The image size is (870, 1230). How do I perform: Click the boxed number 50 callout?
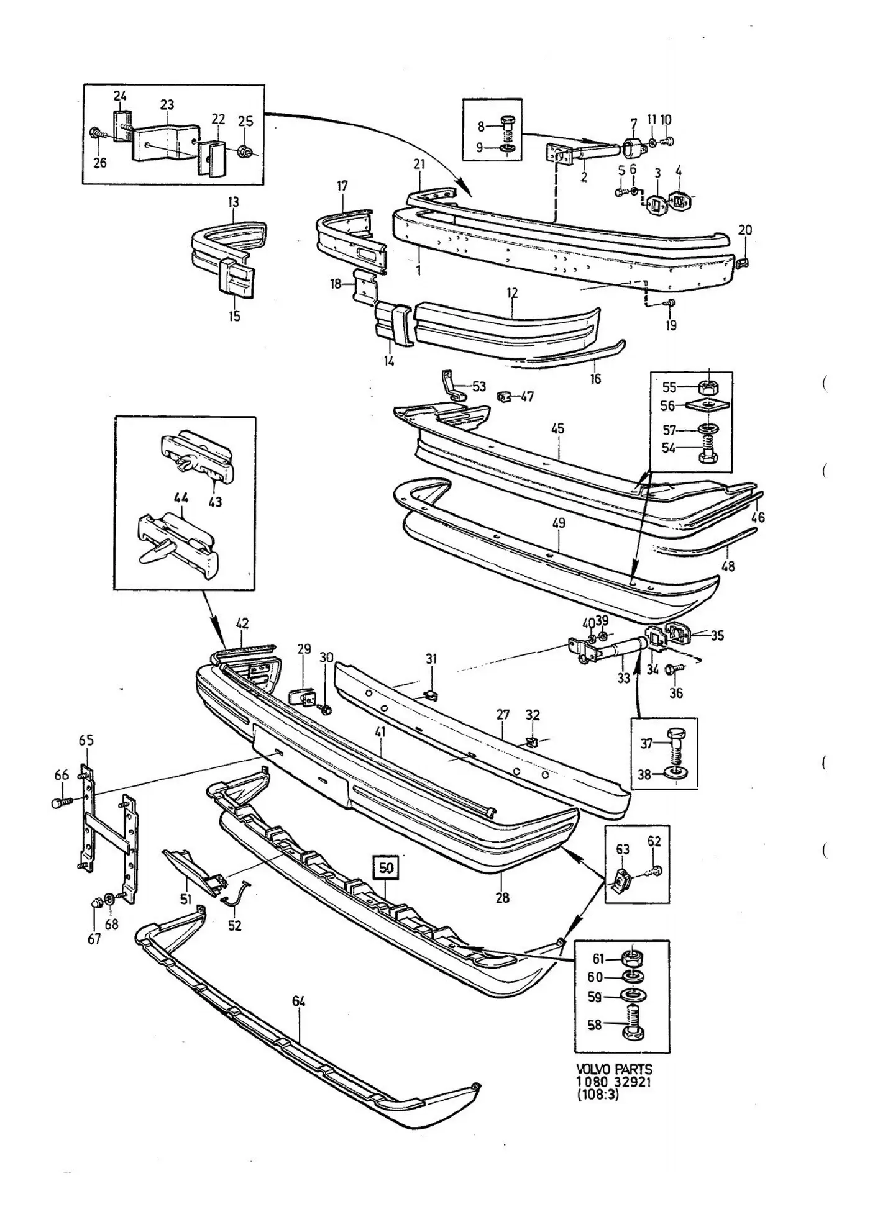(x=386, y=867)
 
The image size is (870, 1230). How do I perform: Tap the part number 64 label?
(x=299, y=1002)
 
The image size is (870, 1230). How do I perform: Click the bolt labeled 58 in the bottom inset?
(x=633, y=1025)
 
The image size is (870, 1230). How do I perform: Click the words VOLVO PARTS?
(x=614, y=1069)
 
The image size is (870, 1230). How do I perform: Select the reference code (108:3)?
(x=598, y=1095)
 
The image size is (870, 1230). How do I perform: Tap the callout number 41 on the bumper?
(x=380, y=732)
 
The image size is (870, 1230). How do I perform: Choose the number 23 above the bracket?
(x=167, y=105)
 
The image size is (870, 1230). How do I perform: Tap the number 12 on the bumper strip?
(x=512, y=292)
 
